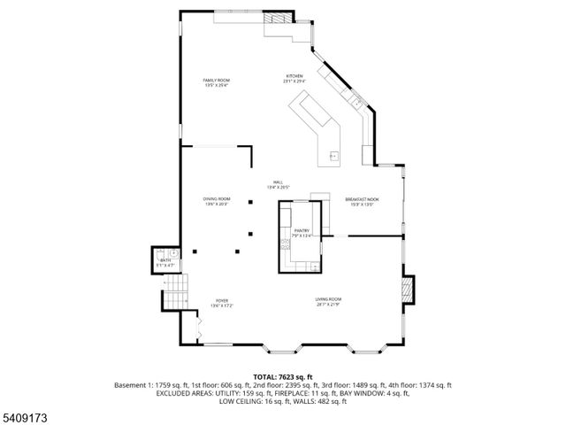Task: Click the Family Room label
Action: point(217,83)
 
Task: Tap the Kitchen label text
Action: point(294,78)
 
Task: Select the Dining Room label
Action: point(217,201)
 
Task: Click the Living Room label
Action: point(328,302)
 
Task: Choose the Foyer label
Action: point(221,303)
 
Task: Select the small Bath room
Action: point(165,263)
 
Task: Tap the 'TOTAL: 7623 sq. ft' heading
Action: point(282,377)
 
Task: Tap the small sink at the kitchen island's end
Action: point(334,155)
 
